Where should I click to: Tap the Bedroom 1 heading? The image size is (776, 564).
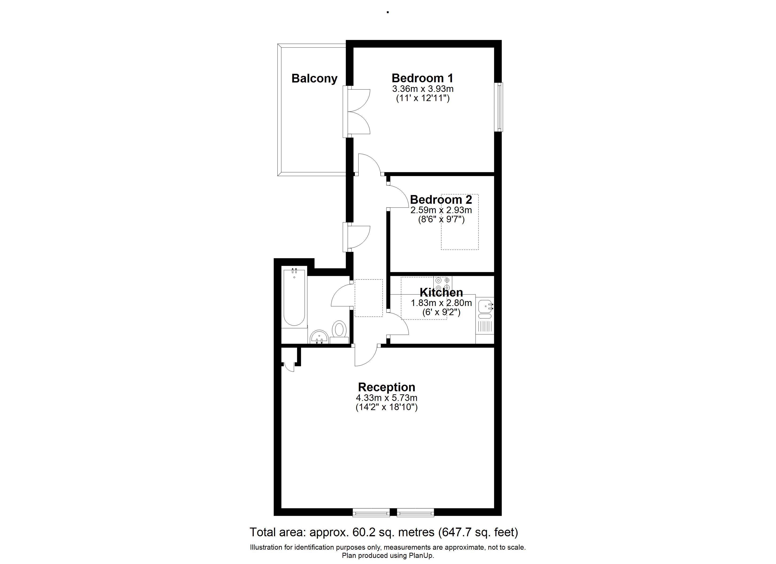(423, 78)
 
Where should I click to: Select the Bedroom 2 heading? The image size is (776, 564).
(441, 200)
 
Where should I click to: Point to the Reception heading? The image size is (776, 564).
(387, 387)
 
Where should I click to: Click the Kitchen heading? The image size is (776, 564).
(441, 292)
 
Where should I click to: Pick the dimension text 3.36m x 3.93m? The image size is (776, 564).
(423, 89)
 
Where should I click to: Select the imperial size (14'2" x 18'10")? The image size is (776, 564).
(387, 407)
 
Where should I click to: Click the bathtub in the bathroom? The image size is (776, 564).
(294, 298)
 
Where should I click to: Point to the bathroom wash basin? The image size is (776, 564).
(319, 337)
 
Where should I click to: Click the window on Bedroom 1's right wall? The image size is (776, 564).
(500, 107)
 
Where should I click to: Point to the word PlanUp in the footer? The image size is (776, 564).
(421, 556)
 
